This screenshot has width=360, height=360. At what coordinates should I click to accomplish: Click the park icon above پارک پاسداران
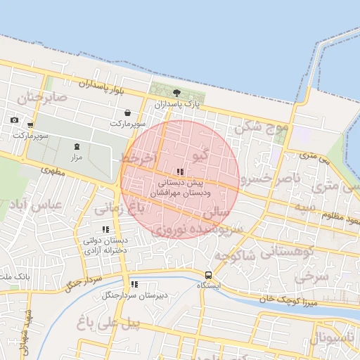pyautogui.click(x=176, y=93)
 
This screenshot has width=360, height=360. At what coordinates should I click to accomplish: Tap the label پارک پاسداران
pyautogui.click(x=178, y=104)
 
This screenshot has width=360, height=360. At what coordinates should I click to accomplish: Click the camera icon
pyautogui.click(x=14, y=120)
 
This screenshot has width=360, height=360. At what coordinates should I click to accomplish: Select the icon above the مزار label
pyautogui.click(x=77, y=146)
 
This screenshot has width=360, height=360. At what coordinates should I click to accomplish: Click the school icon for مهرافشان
pyautogui.click(x=181, y=172)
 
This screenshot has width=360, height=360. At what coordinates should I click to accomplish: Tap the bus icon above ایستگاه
pyautogui.click(x=208, y=275)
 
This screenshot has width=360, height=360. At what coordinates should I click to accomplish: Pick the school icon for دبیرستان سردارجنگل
pyautogui.click(x=134, y=285)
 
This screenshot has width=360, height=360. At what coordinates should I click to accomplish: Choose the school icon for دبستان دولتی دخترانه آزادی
pyautogui.click(x=105, y=229)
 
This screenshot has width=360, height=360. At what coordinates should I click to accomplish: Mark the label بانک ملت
pyautogui.click(x=15, y=276)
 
